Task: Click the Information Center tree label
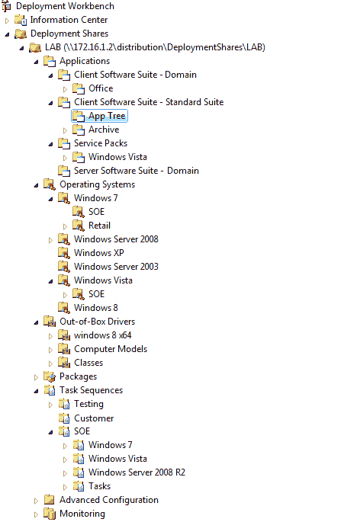(69, 20)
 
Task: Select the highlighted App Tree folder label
(107, 116)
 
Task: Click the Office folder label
(101, 88)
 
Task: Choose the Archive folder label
(104, 130)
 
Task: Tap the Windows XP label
(98, 253)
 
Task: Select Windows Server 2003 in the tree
(116, 267)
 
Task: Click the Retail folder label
(99, 226)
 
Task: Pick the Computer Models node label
(111, 349)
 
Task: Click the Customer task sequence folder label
(94, 418)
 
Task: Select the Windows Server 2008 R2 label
(137, 472)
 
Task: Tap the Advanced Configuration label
(108, 500)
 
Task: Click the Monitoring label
(82, 514)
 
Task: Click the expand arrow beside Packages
(36, 377)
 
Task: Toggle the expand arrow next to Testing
(50, 405)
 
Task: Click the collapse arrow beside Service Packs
(50, 144)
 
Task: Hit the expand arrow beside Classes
(50, 363)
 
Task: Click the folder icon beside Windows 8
(63, 308)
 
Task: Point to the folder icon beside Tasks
(79, 486)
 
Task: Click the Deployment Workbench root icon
(6, 6)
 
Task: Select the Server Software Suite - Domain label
(137, 171)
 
